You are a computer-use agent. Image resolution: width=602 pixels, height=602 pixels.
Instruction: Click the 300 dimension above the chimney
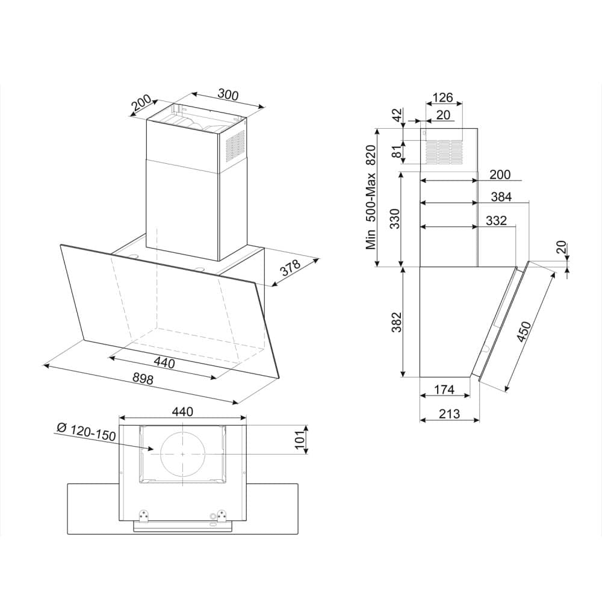(x=228, y=95)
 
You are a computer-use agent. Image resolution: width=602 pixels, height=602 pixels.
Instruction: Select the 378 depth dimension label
(x=290, y=268)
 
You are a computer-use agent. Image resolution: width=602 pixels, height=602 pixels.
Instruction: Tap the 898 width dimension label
(x=143, y=379)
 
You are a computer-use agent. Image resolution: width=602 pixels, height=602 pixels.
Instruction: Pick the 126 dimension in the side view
(x=443, y=98)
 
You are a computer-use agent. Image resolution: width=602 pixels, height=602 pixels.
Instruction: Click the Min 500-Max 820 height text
(x=371, y=197)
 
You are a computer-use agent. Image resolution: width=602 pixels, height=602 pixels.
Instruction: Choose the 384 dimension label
(x=501, y=197)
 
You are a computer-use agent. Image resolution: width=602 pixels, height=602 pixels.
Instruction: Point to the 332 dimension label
(x=496, y=221)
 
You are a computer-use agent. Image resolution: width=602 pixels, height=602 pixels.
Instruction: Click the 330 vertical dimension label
(x=395, y=219)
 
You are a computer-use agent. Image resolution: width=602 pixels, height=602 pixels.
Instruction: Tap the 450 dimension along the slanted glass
(x=524, y=331)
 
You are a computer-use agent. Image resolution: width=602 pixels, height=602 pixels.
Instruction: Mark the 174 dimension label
(x=444, y=389)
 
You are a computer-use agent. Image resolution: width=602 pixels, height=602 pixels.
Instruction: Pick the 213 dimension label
(x=449, y=414)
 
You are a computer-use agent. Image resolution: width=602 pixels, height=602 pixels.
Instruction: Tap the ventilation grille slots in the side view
(x=444, y=150)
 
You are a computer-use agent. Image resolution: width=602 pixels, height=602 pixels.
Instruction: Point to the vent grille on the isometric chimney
(x=235, y=144)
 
